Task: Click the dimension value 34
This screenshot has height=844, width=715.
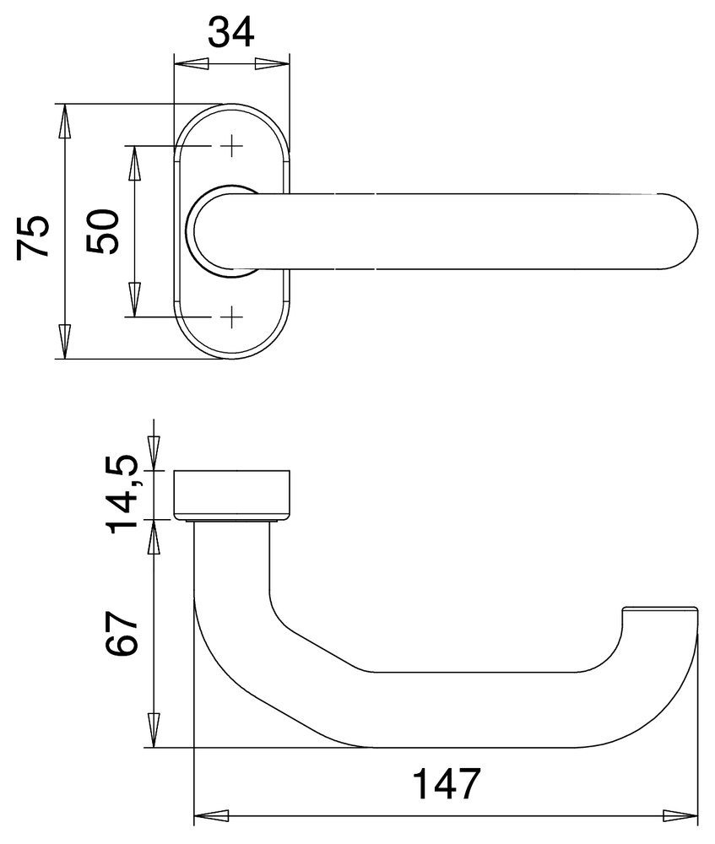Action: point(230,31)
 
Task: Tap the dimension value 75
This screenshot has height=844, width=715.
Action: point(33,237)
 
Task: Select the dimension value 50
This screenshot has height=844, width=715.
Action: point(102,231)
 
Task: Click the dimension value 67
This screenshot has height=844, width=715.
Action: point(122,633)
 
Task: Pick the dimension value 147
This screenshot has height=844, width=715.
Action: point(446,784)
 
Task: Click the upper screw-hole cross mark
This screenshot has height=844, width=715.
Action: point(231,145)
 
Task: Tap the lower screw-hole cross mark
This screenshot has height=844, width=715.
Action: point(231,316)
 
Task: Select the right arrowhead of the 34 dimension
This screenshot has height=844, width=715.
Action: point(272,64)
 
